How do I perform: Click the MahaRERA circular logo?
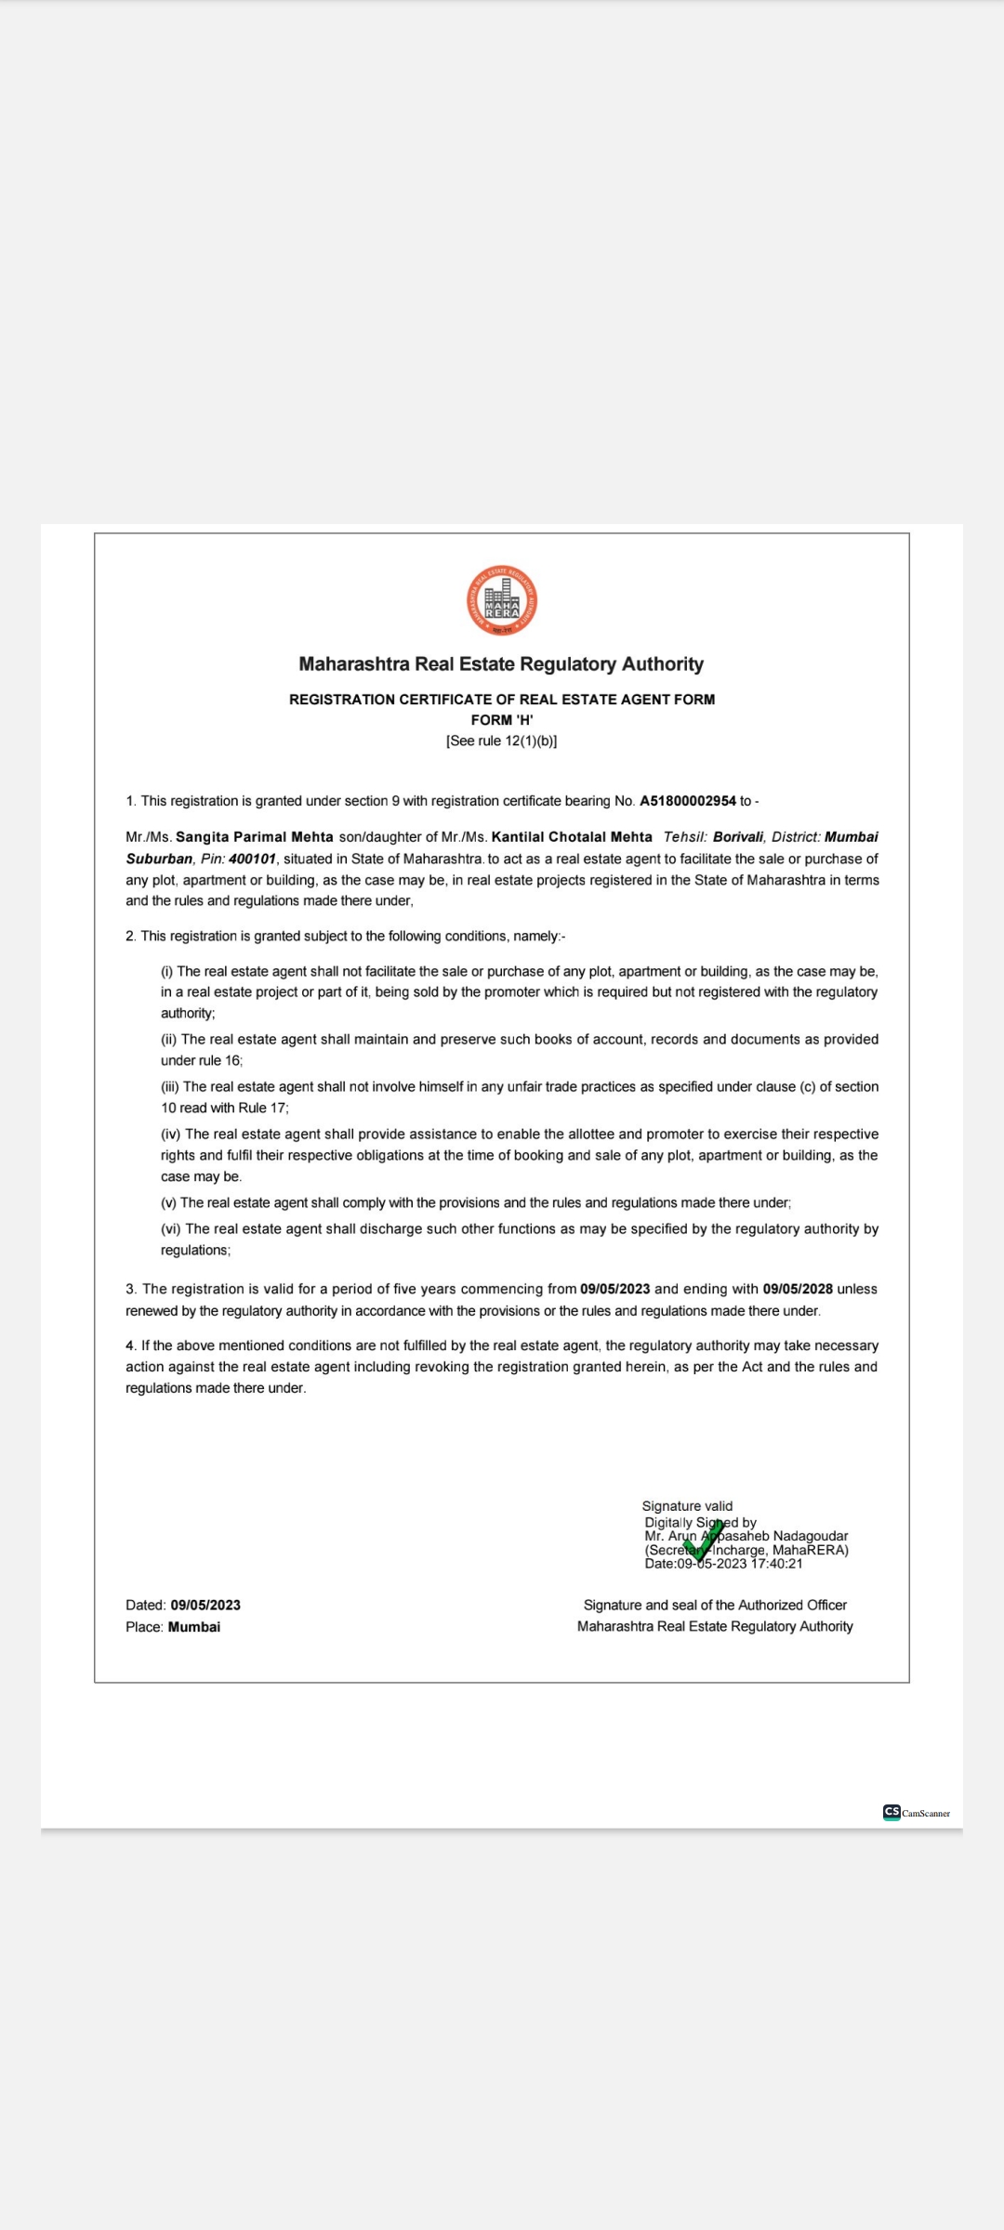pos(502,600)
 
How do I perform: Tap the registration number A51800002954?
pos(687,801)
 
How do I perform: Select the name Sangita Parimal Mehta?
pos(254,837)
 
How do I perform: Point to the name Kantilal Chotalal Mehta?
pos(572,837)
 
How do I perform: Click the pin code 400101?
pos(252,859)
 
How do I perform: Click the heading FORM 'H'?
pos(502,720)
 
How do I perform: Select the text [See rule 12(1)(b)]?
pos(502,741)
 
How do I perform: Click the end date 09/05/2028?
pos(798,1289)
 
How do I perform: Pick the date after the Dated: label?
pos(205,1605)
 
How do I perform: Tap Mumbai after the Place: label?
pos(194,1627)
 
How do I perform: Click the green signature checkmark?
pos(703,1541)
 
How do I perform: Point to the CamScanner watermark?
pos(917,1813)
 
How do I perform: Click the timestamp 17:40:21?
pos(777,1564)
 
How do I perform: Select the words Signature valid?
pos(687,1506)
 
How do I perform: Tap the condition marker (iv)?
pos(171,1135)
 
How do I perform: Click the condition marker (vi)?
pos(171,1229)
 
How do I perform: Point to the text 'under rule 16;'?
pos(202,1060)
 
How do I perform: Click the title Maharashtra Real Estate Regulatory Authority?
pos(501,664)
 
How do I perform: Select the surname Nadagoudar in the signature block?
pos(811,1536)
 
